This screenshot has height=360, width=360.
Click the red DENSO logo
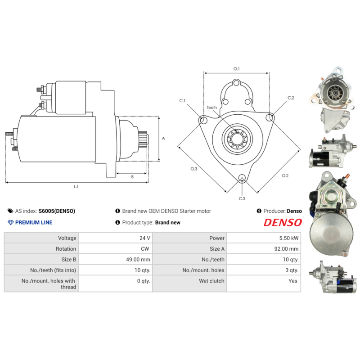[282, 222]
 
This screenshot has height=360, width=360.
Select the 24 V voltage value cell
[145, 238]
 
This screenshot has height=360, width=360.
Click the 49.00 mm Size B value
[139, 259]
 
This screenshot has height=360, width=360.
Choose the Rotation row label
[66, 248]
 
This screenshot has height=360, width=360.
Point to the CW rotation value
[146, 248]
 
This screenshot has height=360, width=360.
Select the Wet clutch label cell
[211, 281]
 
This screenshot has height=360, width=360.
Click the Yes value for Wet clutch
[293, 281]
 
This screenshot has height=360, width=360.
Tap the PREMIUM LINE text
[34, 222]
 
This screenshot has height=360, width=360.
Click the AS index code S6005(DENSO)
[57, 211]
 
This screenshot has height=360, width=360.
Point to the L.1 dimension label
[76, 186]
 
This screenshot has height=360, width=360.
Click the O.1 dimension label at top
[236, 68]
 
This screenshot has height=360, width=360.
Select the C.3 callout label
[242, 198]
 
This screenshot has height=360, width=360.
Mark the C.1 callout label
[182, 101]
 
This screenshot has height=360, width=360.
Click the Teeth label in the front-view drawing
[212, 108]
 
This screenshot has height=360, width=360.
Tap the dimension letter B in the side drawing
[132, 177]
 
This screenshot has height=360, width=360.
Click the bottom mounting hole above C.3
[242, 178]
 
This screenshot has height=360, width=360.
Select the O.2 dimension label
[285, 175]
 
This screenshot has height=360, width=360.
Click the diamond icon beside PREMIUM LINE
[11, 222]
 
